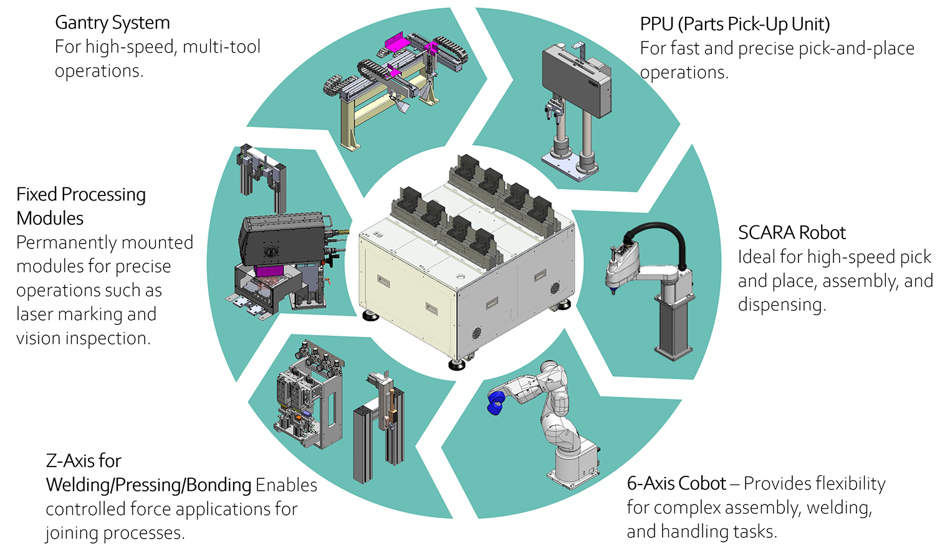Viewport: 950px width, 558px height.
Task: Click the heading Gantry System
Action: click(x=112, y=23)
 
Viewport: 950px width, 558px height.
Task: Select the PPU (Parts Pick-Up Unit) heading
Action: click(x=734, y=25)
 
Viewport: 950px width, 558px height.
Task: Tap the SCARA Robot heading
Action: click(x=791, y=233)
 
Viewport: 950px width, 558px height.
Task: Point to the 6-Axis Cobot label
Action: click(x=676, y=484)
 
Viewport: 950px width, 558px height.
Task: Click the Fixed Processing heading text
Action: click(x=81, y=195)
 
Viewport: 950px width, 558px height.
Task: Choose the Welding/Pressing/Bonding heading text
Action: click(x=148, y=485)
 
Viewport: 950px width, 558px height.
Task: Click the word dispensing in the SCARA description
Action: click(x=781, y=305)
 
